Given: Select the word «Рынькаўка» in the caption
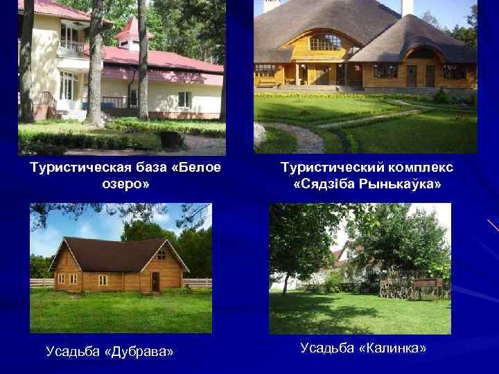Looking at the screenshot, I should [x=397, y=186].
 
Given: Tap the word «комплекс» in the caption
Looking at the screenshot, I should [x=420, y=168].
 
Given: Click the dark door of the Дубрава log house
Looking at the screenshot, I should [x=155, y=281].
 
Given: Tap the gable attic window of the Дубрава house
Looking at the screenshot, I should [x=161, y=256].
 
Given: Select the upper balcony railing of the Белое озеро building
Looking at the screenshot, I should [x=71, y=47].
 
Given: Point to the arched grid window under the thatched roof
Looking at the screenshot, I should [x=324, y=43].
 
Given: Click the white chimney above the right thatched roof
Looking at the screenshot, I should [x=407, y=7].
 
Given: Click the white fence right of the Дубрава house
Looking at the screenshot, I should [x=198, y=283].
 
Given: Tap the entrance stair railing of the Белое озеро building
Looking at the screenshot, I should [x=47, y=101].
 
